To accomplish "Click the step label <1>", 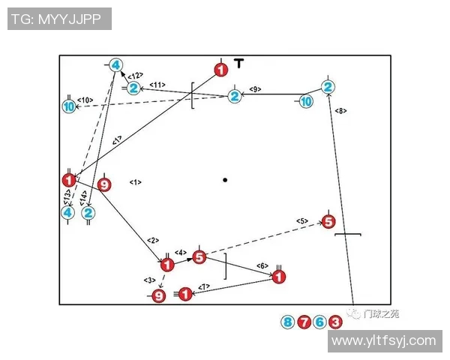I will pyautogui.click(x=136, y=182).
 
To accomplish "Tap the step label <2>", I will pyautogui.click(x=153, y=240).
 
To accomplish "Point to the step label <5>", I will pyautogui.click(x=302, y=220).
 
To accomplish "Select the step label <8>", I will pyautogui.click(x=340, y=111).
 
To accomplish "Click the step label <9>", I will pyautogui.click(x=254, y=88).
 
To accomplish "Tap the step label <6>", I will pyautogui.click(x=262, y=265).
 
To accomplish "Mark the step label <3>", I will pyautogui.click(x=149, y=280).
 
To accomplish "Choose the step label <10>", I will pyautogui.click(x=84, y=100).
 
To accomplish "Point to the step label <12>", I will pyautogui.click(x=135, y=76).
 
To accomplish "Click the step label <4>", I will pyautogui.click(x=181, y=252).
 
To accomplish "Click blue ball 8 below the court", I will pyautogui.click(x=287, y=322).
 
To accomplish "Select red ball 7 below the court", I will pyautogui.click(x=304, y=322).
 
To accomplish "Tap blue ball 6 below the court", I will pyautogui.click(x=319, y=322).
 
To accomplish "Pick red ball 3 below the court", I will pyautogui.click(x=335, y=322).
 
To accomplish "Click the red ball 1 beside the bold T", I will pyautogui.click(x=220, y=70).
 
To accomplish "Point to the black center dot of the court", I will pyautogui.click(x=224, y=180).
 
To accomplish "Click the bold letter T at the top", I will pyautogui.click(x=238, y=64).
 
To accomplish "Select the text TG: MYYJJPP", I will pyautogui.click(x=59, y=19).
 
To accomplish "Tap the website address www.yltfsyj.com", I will pyautogui.click(x=383, y=340).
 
